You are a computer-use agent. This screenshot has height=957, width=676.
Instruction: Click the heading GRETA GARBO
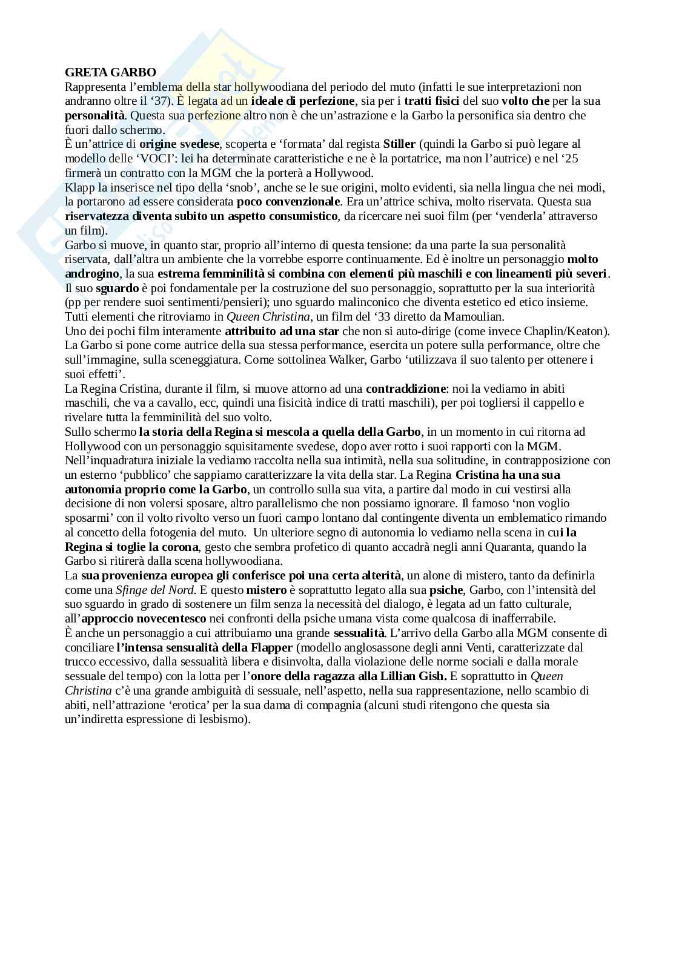tap(110, 72)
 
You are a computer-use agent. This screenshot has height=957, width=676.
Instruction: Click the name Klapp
tap(79, 187)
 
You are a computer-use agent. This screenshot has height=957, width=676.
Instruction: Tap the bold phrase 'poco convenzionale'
tap(288, 202)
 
